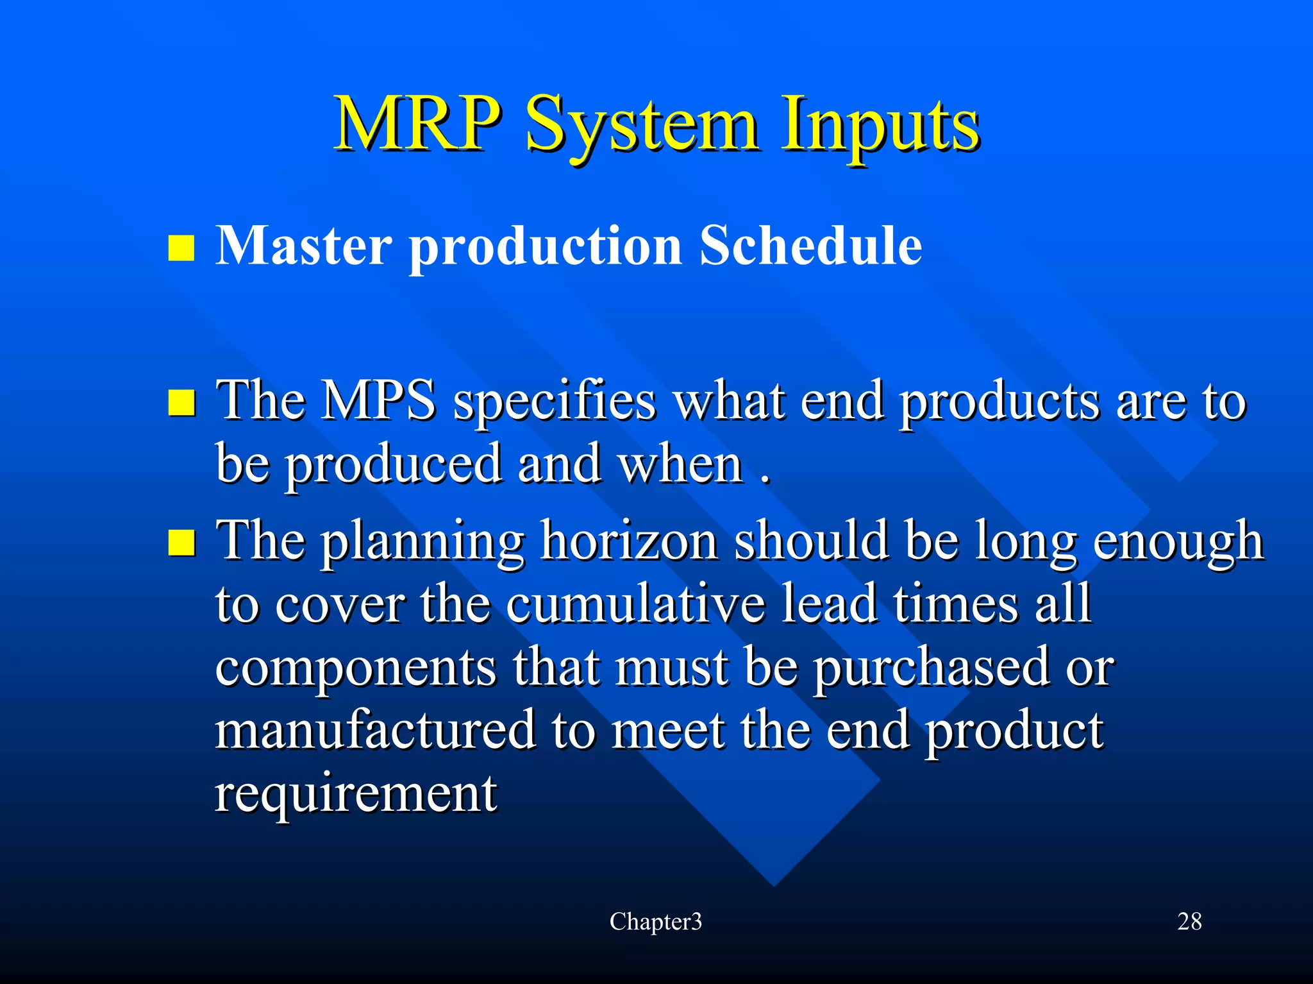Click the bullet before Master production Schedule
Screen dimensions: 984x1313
(x=181, y=248)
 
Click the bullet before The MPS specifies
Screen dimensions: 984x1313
(x=181, y=403)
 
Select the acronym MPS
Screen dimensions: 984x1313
(x=378, y=401)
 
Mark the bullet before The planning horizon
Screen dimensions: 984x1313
(x=181, y=543)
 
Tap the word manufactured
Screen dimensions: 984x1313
(x=375, y=730)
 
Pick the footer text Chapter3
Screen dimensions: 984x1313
(x=655, y=922)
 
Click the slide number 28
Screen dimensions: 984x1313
(x=1189, y=922)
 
